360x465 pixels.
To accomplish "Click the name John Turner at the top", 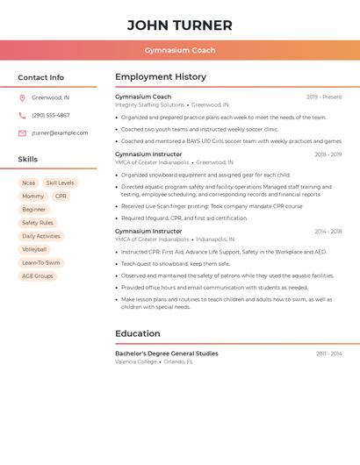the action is click(179, 25).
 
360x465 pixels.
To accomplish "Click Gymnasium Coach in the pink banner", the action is click(179, 50).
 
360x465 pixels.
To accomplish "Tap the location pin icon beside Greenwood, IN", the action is click(22, 97).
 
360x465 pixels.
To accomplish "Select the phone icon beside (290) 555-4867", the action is click(22, 115).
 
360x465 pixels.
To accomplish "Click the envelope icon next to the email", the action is click(22, 133).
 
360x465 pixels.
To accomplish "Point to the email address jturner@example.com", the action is click(60, 133).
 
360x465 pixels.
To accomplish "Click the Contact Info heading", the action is click(40, 77).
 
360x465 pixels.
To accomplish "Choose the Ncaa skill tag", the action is click(29, 183).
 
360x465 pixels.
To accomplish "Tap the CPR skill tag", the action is click(61, 197).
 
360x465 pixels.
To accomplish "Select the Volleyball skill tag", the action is click(34, 249).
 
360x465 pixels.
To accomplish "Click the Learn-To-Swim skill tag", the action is click(41, 262).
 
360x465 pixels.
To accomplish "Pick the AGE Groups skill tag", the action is click(38, 275).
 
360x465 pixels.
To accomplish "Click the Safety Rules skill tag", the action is click(38, 223).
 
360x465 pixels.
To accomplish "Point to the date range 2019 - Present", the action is click(324, 97).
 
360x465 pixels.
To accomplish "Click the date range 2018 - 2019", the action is click(328, 154).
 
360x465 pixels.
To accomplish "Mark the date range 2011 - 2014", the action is click(328, 354).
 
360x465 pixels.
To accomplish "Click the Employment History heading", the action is click(161, 77).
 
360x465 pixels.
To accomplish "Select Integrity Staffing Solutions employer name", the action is click(149, 105).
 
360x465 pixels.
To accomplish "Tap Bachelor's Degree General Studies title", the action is click(167, 354).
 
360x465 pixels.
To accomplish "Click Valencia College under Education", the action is click(136, 361).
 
